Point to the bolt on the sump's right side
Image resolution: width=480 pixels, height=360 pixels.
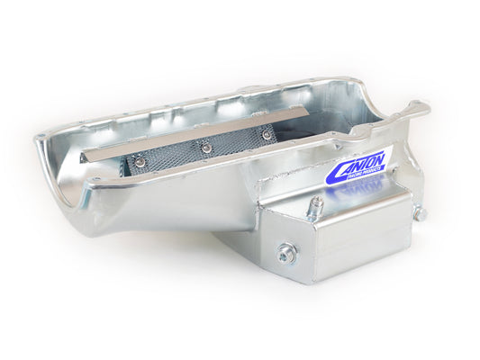tap(419, 215)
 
